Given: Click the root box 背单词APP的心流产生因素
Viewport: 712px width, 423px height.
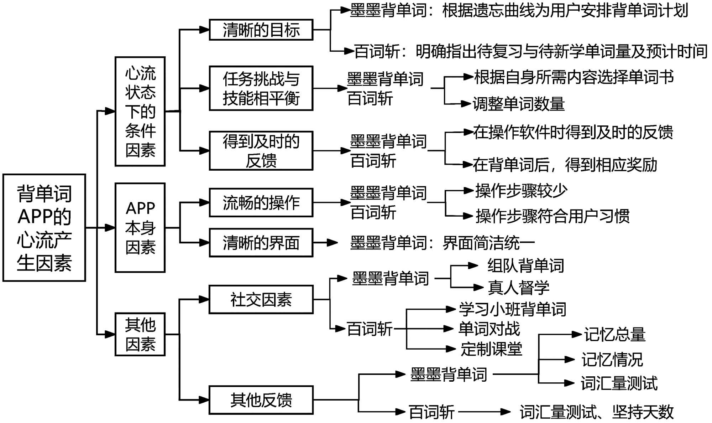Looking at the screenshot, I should click(x=44, y=228).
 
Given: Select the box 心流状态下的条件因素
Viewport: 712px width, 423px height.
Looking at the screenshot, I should click(x=140, y=112).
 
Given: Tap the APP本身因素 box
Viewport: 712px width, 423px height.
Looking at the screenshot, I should click(x=140, y=228).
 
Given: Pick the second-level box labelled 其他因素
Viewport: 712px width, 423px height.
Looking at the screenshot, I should click(x=140, y=334).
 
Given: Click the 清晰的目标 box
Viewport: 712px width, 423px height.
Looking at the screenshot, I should click(x=261, y=30).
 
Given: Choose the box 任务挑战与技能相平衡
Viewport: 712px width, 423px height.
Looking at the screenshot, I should click(x=261, y=88).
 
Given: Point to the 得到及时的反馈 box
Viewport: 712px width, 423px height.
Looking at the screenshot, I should click(x=261, y=151).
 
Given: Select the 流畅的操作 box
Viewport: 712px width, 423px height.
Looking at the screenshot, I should click(x=261, y=203).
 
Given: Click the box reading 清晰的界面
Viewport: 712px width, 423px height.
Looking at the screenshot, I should click(x=261, y=243).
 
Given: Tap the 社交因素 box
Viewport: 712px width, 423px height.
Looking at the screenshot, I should click(x=261, y=300).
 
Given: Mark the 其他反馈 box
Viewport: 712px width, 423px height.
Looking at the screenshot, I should click(x=261, y=400).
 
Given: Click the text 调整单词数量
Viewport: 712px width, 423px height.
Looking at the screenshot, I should click(x=519, y=104).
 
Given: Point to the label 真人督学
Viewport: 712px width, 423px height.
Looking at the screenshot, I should click(x=519, y=288).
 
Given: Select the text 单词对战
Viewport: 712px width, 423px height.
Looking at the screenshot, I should click(x=489, y=329).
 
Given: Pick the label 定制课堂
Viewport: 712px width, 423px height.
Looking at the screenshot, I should click(x=491, y=349).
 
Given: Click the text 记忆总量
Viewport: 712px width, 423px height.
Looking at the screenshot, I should click(x=614, y=335).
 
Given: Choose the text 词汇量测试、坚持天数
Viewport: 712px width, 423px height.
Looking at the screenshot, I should click(x=597, y=412).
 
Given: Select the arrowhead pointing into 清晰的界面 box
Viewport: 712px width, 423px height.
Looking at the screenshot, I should click(x=204, y=243).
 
